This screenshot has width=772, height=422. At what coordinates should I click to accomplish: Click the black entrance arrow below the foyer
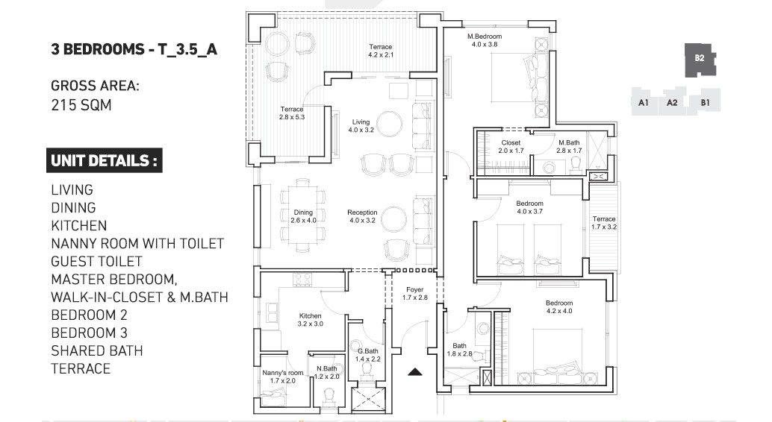coord(415,372)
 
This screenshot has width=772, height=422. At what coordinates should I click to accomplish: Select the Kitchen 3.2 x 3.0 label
coord(310,320)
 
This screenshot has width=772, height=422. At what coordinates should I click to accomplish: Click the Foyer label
coord(415,290)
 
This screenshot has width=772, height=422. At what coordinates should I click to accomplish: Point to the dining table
coord(303,216)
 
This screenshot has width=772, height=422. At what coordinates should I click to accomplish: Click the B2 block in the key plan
coord(700,59)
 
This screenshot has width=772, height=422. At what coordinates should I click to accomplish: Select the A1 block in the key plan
coord(644,102)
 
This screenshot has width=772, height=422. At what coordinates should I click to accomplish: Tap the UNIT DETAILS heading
coord(104,160)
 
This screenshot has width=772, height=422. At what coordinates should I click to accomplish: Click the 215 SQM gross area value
coord(81,105)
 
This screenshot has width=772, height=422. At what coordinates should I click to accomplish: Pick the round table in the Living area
coord(389,125)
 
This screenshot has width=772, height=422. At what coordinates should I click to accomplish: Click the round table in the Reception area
coord(394,218)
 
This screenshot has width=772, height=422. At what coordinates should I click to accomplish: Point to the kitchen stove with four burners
coord(303,280)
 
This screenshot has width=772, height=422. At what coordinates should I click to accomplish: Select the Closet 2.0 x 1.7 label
coord(511,147)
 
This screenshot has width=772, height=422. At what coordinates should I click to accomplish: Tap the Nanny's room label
coord(283,373)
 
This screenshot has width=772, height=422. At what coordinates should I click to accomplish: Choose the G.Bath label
coord(368,351)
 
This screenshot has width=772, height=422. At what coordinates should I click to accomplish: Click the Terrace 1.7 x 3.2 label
coord(604,223)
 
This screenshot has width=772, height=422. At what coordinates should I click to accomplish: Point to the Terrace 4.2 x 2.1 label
coord(381,51)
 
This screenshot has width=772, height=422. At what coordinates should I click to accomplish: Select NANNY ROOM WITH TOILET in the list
coord(137,244)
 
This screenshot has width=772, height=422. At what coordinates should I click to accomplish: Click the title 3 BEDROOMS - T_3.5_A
coord(134,49)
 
